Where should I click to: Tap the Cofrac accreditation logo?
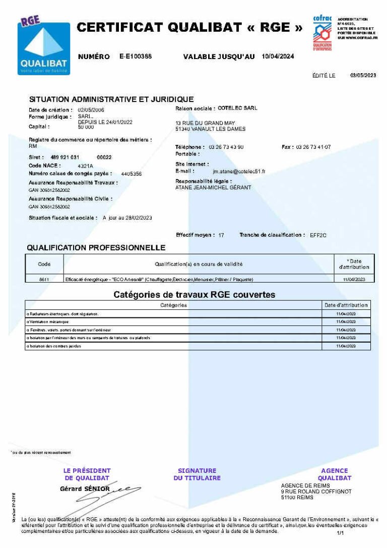322,33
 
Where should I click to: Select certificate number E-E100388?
136,57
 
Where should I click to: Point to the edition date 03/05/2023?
363,75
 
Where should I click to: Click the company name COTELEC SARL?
237,108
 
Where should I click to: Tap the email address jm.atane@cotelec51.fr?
239,172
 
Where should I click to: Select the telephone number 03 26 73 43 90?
226,147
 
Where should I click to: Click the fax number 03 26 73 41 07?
313,147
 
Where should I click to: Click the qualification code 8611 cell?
44,279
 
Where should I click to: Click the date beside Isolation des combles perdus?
346,346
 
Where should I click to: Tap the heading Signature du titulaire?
197,474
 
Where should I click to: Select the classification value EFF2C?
318,235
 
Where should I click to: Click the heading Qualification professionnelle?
96,248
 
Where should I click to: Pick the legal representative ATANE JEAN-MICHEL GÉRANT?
213,188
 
